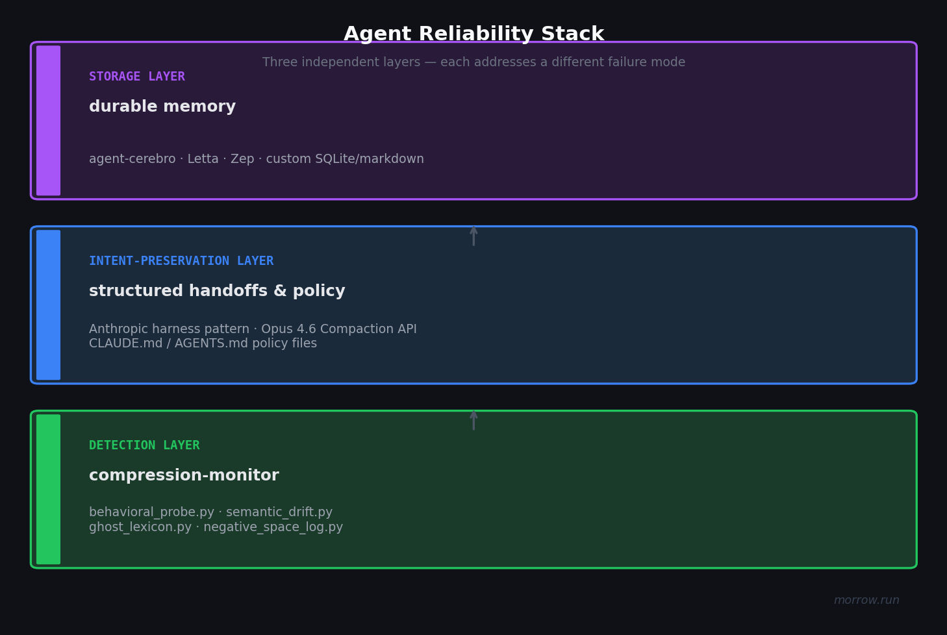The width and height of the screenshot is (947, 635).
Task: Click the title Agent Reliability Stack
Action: coord(473,34)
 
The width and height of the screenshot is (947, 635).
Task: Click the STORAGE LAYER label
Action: coord(136,77)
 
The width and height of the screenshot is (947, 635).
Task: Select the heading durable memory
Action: coord(162,107)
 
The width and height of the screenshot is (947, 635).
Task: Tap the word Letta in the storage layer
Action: coord(203,159)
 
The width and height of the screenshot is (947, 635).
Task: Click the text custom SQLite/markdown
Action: coord(345,159)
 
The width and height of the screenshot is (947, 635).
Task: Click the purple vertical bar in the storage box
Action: coord(48,121)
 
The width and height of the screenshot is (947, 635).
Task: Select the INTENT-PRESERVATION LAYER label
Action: coord(181,261)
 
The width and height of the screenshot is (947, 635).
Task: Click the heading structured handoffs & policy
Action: coord(217,292)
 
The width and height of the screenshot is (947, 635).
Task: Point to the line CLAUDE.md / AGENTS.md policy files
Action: coord(203,343)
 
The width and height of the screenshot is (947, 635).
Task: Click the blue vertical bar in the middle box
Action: coord(48,305)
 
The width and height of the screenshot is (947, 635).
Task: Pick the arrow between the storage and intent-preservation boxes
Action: coord(473,236)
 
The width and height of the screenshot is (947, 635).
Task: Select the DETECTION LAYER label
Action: coord(144,445)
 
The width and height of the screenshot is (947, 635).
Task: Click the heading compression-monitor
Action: coord(184,476)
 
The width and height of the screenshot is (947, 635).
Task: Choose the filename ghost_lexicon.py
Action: coord(140,527)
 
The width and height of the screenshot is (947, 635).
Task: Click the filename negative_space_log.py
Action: coord(273,527)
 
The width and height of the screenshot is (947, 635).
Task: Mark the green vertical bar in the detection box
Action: coord(48,490)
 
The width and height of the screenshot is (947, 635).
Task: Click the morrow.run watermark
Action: coord(866,601)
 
